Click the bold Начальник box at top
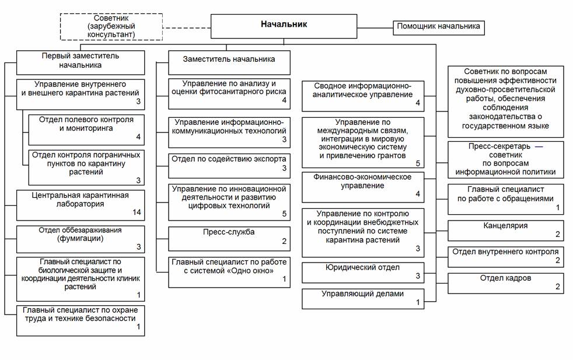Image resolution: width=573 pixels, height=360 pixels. (284, 26)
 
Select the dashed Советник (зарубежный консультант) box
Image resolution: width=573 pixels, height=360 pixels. (111, 27)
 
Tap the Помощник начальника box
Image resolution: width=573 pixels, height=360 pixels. (439, 28)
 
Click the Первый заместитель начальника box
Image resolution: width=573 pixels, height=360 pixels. (81, 62)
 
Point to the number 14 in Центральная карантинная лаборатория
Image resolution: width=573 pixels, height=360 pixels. (137, 212)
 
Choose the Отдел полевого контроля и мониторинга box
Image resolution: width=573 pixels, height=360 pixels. (86, 130)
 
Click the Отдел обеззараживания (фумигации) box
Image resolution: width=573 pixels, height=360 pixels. (81, 239)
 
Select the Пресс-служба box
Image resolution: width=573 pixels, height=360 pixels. (229, 239)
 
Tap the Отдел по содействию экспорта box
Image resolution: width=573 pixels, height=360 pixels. (229, 166)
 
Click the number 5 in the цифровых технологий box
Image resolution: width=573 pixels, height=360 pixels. (284, 214)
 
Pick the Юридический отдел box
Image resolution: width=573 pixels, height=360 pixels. (363, 272)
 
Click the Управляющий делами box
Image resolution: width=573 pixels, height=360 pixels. (363, 299)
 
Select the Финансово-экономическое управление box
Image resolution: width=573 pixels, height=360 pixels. (363, 187)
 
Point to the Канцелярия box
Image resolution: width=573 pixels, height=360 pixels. (506, 230)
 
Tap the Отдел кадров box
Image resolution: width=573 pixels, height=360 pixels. (506, 283)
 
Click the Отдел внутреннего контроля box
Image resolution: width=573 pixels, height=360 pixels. (506, 257)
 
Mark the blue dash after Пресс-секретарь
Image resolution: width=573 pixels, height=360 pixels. (539, 146)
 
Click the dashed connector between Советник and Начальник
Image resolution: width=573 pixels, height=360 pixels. (187, 28)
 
